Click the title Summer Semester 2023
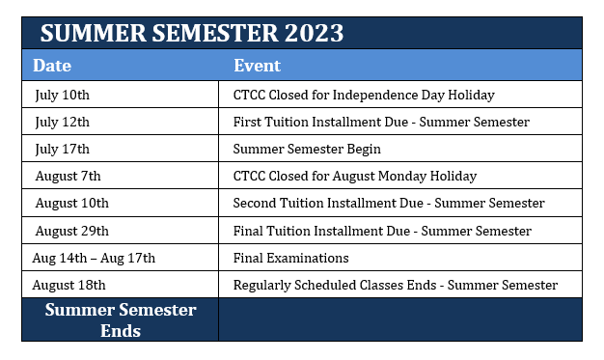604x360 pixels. click(x=192, y=33)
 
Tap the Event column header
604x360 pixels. click(x=257, y=66)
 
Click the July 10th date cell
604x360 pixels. click(x=62, y=95)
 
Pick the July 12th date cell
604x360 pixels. click(x=62, y=122)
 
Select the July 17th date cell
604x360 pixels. click(x=62, y=149)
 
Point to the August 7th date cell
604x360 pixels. click(x=68, y=176)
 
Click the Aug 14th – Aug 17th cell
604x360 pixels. click(x=94, y=258)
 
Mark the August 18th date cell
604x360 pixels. click(x=69, y=285)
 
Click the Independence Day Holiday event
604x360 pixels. click(x=364, y=95)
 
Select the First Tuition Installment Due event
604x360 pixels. click(x=381, y=122)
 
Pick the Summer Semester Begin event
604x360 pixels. click(x=307, y=149)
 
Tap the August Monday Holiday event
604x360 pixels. click(x=355, y=176)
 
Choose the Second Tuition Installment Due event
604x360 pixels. click(x=389, y=203)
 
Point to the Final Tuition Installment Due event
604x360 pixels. click(x=382, y=231)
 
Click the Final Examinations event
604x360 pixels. click(x=291, y=258)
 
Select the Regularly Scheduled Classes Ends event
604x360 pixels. click(x=396, y=285)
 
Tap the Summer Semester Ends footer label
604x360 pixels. click(x=121, y=319)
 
